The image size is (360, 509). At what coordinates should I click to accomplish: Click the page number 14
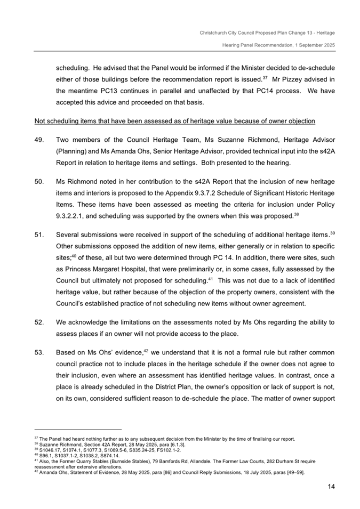point(331,487)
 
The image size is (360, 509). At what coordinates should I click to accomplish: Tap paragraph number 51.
point(39,234)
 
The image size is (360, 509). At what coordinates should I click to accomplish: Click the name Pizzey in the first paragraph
point(298,80)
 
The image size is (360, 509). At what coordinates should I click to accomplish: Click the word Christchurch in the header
point(215,33)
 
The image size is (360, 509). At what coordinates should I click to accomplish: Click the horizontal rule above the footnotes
point(78,429)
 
